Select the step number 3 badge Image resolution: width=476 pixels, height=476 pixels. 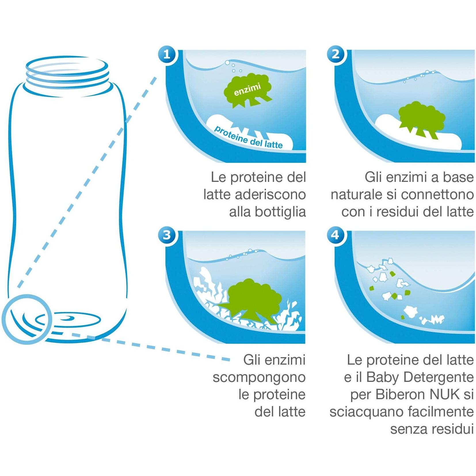[x=167, y=235]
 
